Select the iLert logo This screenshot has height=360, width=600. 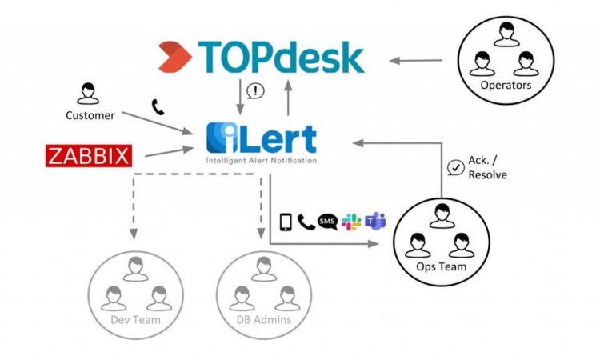point(261,138)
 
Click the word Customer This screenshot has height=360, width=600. point(90,115)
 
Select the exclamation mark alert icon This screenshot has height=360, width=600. point(254,91)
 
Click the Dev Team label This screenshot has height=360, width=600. point(136,320)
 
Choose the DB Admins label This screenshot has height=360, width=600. point(261,320)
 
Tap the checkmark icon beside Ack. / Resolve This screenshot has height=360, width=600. point(455,167)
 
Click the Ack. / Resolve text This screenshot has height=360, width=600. point(487,168)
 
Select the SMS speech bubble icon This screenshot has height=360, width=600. point(326,221)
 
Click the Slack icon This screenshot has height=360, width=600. point(350,221)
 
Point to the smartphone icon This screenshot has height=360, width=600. point(286,221)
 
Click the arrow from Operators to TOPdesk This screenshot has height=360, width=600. point(419,59)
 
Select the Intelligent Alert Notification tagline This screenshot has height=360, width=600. point(261,160)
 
